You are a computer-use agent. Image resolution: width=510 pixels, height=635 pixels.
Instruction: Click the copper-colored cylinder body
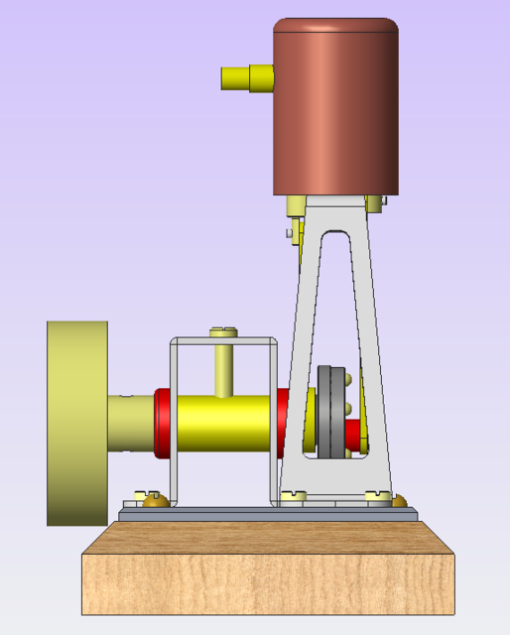pyautogui.click(x=335, y=114)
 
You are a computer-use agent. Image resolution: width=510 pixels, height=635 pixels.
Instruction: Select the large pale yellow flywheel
pyautogui.click(x=76, y=422)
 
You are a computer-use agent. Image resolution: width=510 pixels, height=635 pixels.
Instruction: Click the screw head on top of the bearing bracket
pyautogui.click(x=223, y=332)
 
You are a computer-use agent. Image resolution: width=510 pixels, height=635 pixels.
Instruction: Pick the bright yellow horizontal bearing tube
pyautogui.click(x=223, y=423)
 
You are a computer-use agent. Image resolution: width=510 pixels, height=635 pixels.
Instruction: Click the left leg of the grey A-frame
pyautogui.click(x=302, y=347)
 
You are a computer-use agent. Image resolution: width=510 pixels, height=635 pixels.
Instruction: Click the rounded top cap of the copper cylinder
pyautogui.click(x=335, y=25)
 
